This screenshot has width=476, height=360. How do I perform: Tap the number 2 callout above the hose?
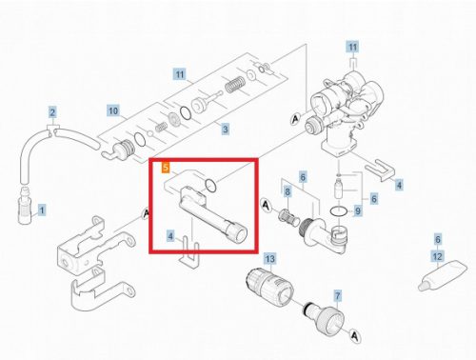coord(53,112)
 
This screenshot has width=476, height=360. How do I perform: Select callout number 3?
coord(225,129)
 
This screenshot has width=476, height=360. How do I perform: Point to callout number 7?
coord(336,297)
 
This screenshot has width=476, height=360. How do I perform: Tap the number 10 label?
coord(112,110)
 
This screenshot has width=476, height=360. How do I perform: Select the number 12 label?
coord(438,257)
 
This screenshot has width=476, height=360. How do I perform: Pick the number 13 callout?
coord(269,258)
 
